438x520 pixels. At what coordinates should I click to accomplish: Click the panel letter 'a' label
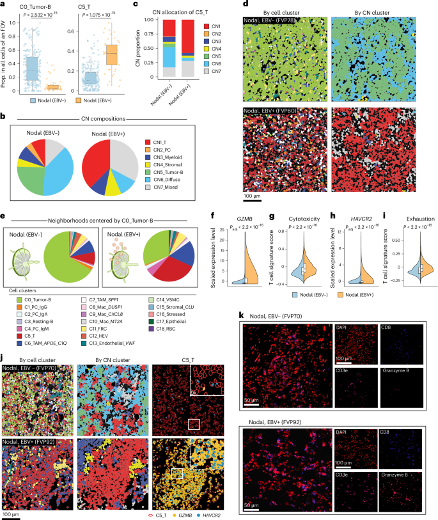click(4, 4)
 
